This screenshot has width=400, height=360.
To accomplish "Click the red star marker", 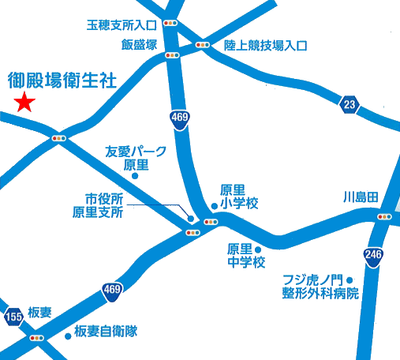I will pyautogui.click(x=25, y=102).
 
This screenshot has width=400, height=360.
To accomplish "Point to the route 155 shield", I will pyautogui.click(x=13, y=317).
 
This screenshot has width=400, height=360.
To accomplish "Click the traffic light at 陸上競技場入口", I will pyautogui.click(x=203, y=45).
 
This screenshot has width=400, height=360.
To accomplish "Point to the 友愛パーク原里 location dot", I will pyautogui.click(x=135, y=176).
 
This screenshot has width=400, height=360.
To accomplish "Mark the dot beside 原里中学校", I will pyautogui.click(x=258, y=250).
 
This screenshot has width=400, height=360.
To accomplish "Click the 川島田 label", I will pyautogui.click(x=362, y=196).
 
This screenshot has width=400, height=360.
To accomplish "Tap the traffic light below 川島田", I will pyautogui.click(x=385, y=216).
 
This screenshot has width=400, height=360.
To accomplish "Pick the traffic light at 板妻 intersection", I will pyautogui.click(x=36, y=338).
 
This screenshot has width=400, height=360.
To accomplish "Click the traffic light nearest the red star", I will pyautogui.click(x=58, y=138).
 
